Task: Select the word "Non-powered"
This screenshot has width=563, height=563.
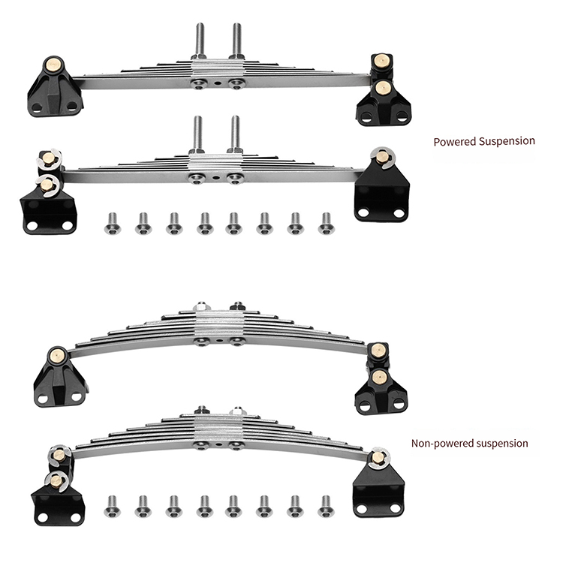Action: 438,444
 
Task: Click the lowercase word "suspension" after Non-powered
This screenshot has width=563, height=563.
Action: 498,444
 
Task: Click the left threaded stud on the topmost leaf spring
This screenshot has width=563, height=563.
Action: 200,41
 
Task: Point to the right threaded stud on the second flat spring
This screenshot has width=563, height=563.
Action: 235,133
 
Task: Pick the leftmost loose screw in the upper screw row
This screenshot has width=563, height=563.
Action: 113,224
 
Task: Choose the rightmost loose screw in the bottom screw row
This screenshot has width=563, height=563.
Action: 326,507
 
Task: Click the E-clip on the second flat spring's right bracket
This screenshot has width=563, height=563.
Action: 383,158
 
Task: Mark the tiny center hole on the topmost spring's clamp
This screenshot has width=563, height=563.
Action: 218,83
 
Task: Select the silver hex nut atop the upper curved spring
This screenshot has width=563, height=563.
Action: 201,306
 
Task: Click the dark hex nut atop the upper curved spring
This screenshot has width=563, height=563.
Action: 237,306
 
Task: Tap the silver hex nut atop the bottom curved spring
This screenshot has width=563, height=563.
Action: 237,411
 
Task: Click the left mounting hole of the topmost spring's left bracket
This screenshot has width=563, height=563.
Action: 37,107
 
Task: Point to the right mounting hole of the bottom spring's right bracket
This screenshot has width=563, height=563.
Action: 395,508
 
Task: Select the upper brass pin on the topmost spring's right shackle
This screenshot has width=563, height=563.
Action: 381,61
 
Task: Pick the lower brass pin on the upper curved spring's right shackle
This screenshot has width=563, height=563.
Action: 379,377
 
